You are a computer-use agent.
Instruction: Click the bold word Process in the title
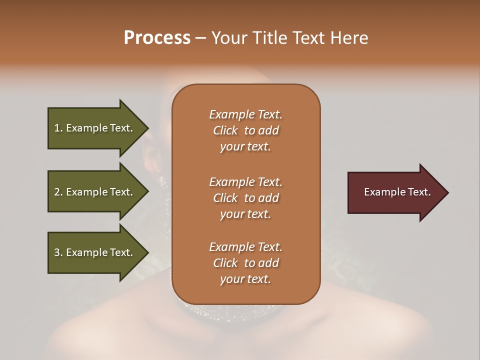tap(157, 38)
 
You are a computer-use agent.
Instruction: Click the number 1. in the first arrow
tap(58, 128)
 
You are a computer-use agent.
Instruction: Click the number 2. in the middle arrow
tap(58, 192)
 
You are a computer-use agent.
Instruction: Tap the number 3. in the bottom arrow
tap(58, 252)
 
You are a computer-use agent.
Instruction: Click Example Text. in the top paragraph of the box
tap(245, 114)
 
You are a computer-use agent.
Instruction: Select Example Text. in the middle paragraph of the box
tap(245, 182)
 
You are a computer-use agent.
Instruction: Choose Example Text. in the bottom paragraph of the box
tap(245, 247)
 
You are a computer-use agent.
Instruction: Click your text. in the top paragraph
tap(245, 147)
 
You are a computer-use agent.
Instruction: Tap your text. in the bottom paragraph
tap(245, 279)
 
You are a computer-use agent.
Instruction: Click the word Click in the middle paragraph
tap(225, 198)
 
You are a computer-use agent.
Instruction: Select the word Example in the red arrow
tap(382, 192)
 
